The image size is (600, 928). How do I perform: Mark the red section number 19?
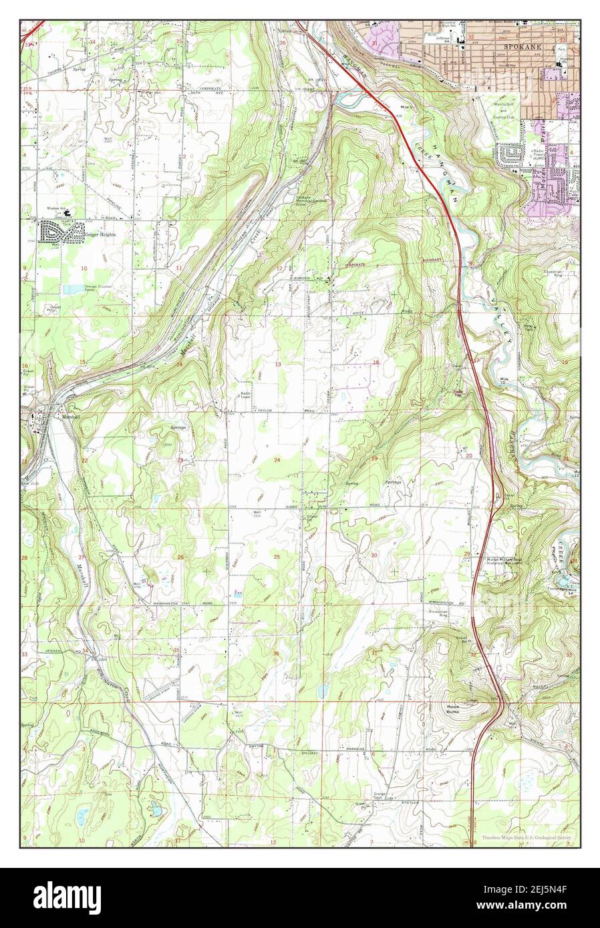[x=374, y=459]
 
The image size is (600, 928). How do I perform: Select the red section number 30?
[x=374, y=555]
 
